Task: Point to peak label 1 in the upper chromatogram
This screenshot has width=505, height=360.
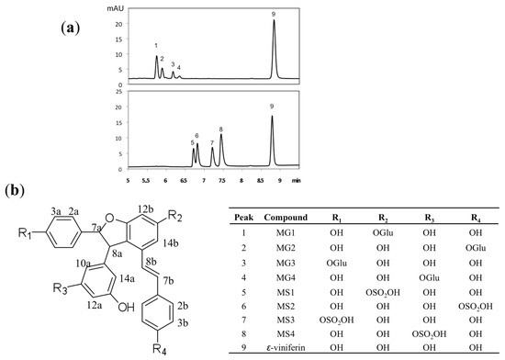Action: (156, 45)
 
